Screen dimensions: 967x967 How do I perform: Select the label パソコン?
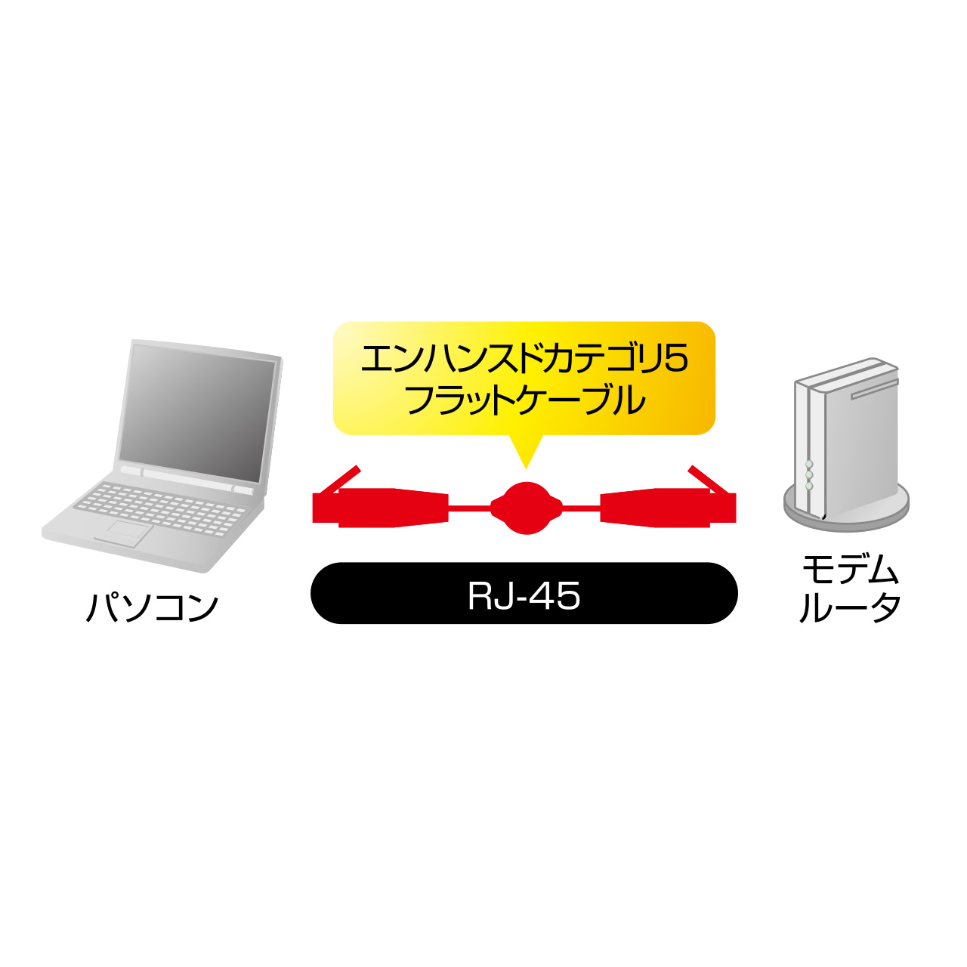[152, 607]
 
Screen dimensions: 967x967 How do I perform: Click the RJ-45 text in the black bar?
[524, 596]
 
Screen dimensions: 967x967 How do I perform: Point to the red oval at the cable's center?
[526, 508]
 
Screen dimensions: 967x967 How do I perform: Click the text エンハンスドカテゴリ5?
[524, 360]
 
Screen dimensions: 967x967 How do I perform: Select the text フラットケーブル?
[525, 400]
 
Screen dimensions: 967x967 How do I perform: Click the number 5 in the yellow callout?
[677, 360]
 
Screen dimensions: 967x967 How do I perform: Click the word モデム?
[850, 571]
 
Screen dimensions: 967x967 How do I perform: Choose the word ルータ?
[850, 607]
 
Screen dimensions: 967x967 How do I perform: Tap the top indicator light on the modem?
[809, 464]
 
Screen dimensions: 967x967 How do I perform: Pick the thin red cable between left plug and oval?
[469, 508]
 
